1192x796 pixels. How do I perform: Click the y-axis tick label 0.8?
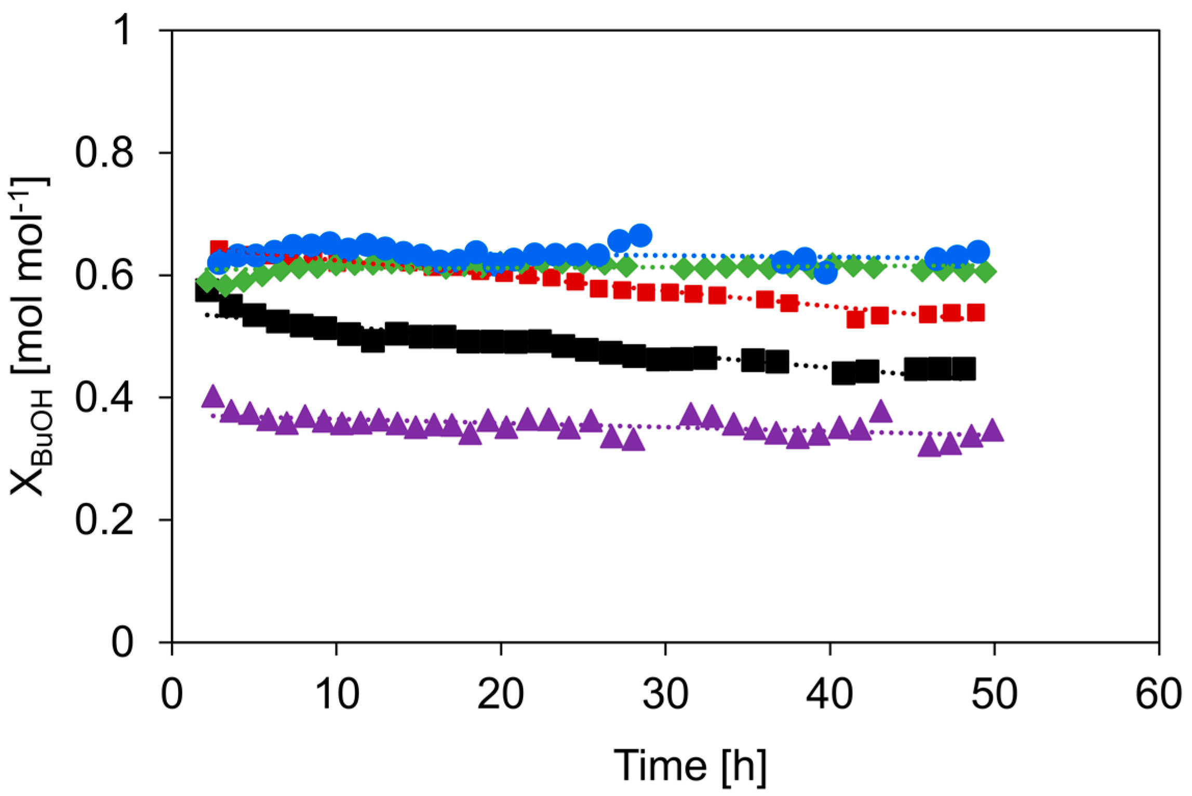click(x=104, y=153)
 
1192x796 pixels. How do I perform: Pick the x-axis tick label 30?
click(x=665, y=694)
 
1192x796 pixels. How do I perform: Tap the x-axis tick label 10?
click(x=337, y=694)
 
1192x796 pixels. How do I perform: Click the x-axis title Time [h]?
click(x=690, y=766)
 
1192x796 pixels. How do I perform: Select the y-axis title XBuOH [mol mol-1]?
click(x=30, y=336)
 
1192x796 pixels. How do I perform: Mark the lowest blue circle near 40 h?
click(x=825, y=272)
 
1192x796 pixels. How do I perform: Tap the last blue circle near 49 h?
click(x=978, y=252)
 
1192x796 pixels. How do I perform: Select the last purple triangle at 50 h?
click(x=993, y=431)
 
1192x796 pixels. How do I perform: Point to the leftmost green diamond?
click(x=207, y=282)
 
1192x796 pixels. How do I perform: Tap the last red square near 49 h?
click(x=976, y=313)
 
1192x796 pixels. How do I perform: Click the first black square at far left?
click(x=206, y=291)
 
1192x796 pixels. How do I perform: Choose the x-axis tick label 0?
click(x=172, y=694)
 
